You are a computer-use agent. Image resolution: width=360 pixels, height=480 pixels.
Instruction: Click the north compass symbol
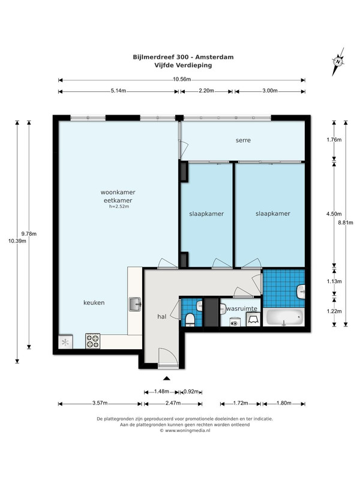[338, 62]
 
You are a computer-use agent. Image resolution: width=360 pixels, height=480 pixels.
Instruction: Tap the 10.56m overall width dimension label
[182, 80]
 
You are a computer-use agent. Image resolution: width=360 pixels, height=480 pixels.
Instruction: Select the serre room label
[243, 140]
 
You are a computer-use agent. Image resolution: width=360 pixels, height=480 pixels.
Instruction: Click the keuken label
[94, 303]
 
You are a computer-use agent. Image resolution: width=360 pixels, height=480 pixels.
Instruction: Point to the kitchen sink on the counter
[135, 304]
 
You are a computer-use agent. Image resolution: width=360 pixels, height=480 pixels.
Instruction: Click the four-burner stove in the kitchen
[93, 341]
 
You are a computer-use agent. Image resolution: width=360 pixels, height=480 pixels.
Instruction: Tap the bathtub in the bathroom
[284, 317]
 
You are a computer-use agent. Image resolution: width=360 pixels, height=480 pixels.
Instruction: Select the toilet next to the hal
[190, 319]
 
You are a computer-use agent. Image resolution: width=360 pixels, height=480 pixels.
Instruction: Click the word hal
[162, 317]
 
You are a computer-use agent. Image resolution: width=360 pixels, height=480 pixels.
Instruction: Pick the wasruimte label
[242, 308]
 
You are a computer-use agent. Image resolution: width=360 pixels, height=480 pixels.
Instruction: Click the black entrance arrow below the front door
[167, 379]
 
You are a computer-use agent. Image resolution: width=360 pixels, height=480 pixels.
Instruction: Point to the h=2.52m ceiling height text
[119, 206]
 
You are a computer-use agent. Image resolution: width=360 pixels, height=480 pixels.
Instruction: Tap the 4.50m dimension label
[334, 214]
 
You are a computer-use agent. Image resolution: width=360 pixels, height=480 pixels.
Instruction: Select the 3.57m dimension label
[100, 403]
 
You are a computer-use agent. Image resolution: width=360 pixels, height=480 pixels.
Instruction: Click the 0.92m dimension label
[191, 392]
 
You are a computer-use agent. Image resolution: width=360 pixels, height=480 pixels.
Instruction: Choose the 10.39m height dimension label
[17, 241]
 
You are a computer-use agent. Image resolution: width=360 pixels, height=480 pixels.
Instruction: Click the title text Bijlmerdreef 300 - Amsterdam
[183, 57]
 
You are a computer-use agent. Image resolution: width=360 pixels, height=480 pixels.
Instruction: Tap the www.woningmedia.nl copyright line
[185, 430]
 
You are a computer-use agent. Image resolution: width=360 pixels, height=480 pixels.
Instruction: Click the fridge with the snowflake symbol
[65, 342]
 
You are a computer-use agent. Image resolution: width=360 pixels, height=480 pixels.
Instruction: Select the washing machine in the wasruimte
[235, 322]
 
